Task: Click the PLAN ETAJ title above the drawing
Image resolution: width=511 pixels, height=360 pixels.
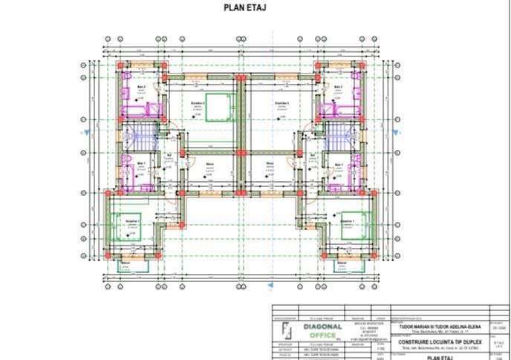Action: [245, 9]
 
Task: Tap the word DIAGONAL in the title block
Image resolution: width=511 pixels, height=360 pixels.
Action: [322, 326]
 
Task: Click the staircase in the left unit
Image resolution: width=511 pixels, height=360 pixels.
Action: [140, 137]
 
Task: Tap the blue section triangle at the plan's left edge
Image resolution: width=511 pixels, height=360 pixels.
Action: [90, 134]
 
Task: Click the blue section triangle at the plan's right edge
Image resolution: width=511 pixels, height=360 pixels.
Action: [391, 134]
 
